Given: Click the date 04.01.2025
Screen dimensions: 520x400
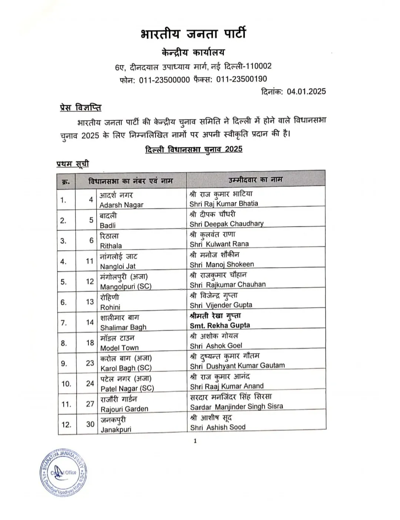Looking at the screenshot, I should click(x=306, y=91).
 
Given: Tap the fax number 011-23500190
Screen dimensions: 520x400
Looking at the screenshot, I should click(x=241, y=79).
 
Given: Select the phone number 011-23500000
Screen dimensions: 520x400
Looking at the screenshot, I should click(x=164, y=79).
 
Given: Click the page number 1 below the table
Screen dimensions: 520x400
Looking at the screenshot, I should click(x=195, y=441).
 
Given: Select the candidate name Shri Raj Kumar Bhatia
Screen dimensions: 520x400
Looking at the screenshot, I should click(x=224, y=203).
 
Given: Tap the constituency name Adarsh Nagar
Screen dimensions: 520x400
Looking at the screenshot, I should click(x=121, y=205).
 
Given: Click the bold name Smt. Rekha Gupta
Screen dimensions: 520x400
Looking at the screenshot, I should click(x=220, y=325).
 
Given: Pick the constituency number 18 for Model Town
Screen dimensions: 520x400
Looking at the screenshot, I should click(x=90, y=342).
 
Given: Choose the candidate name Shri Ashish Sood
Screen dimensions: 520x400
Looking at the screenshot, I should click(x=218, y=427).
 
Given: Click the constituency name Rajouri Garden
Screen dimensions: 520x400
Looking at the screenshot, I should click(x=124, y=409).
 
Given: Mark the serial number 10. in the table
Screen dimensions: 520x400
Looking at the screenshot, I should click(x=66, y=384).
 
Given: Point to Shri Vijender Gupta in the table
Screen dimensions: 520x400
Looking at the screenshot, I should click(x=221, y=305).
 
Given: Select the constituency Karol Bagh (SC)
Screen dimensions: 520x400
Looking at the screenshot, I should click(x=126, y=368).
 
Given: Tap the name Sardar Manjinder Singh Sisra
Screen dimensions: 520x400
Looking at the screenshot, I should click(x=237, y=407).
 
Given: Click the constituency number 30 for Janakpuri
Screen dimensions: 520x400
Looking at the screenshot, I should click(x=90, y=424).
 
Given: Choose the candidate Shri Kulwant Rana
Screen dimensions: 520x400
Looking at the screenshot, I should click(x=219, y=244).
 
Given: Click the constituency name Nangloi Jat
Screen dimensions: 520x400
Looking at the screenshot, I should click(x=118, y=266).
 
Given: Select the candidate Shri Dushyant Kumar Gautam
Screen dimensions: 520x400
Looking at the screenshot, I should click(x=237, y=365).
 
